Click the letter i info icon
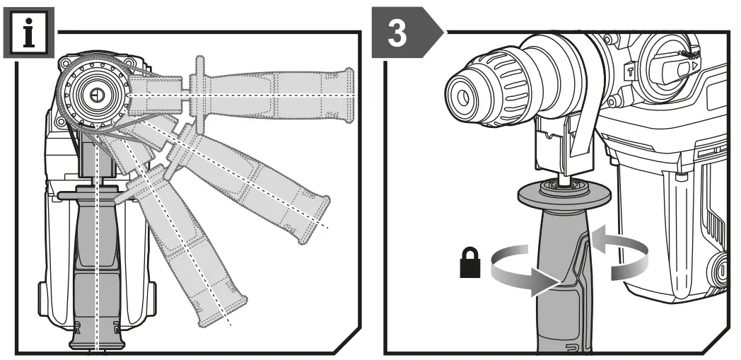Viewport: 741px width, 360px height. (28, 34)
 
